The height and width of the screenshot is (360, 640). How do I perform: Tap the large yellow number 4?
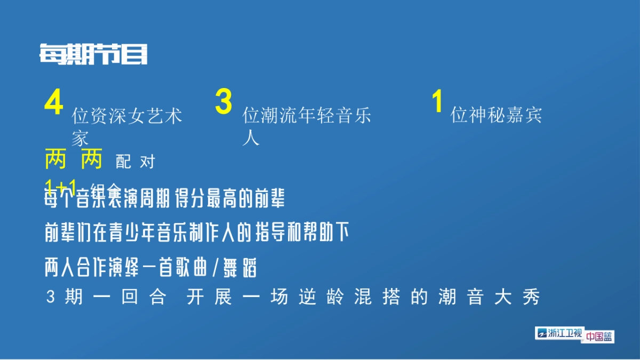54,102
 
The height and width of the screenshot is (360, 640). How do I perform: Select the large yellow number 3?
223,102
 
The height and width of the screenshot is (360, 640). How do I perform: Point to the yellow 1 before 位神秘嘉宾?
438,102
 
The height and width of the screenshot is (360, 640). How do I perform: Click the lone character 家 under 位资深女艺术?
80,139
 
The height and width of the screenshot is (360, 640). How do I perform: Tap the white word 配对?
135,162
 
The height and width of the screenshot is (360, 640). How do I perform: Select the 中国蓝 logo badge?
599,337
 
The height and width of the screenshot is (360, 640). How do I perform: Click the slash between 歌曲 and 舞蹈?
215,268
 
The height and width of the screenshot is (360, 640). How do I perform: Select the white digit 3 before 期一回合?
51,298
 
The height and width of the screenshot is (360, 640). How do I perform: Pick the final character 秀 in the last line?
532,298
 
